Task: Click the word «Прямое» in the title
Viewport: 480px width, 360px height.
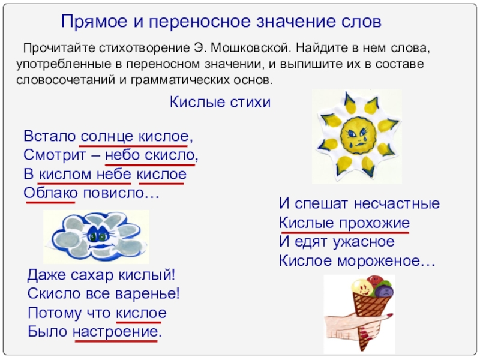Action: point(94,22)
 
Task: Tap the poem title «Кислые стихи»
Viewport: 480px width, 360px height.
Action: point(220,102)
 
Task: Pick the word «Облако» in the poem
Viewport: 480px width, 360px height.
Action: point(50,193)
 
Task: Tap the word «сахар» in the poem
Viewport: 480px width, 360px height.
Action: point(92,275)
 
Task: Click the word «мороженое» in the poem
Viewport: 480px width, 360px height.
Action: point(386,261)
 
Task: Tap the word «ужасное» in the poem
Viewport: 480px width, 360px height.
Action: point(364,242)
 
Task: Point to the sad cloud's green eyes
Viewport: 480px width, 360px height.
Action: point(98,236)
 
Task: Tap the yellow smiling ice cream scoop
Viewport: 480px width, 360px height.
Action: point(363,287)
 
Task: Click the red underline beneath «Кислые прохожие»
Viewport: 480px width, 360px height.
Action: point(344,233)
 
